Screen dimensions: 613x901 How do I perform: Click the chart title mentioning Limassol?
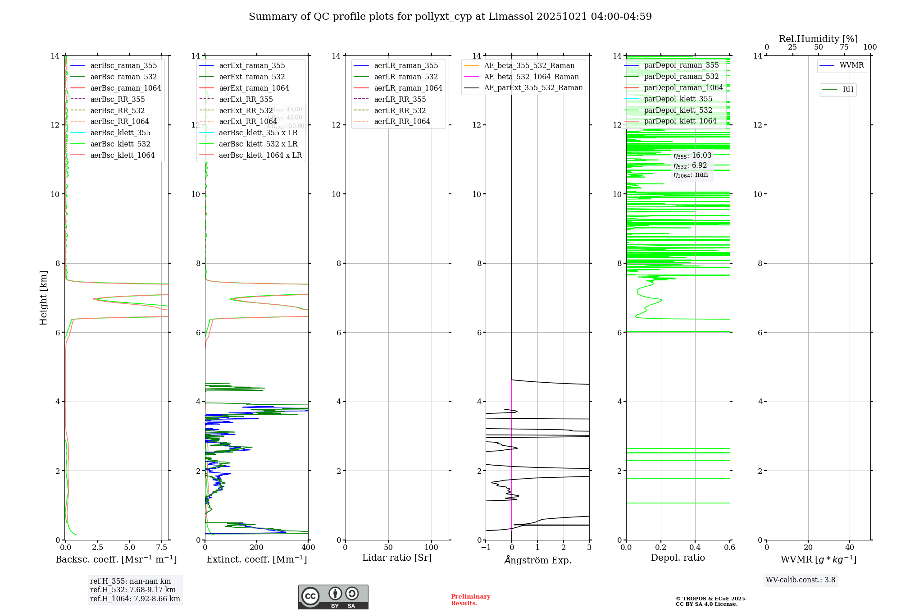(x=450, y=17)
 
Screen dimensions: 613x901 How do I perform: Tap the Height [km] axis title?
(x=43, y=298)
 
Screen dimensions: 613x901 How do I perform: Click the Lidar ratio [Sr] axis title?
(x=397, y=558)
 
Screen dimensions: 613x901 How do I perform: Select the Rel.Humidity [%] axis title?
(x=818, y=39)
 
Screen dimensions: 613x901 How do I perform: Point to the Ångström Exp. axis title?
(x=537, y=560)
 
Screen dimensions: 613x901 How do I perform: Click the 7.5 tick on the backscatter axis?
(x=162, y=547)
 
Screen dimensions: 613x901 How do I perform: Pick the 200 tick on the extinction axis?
(x=257, y=547)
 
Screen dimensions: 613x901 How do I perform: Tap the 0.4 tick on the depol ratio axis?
(x=695, y=547)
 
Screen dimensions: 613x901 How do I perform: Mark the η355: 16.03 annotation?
(x=692, y=156)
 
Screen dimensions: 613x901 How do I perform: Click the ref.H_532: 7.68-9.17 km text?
(x=133, y=590)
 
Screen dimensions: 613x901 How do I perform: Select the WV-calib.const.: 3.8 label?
(x=801, y=580)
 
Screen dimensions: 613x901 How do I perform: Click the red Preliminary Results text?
(x=470, y=599)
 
